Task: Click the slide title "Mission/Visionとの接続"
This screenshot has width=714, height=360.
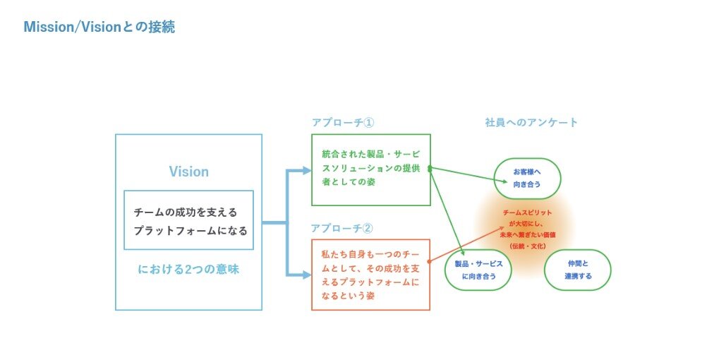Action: point(99,28)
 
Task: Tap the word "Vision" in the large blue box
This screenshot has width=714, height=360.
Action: point(188,172)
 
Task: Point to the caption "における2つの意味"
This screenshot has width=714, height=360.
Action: point(188,269)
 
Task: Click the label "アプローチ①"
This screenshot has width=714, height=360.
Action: point(342,122)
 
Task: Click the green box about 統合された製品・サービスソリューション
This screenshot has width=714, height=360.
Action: point(370,169)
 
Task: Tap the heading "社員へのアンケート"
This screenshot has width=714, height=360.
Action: point(531,122)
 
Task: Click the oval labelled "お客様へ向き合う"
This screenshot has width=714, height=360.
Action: point(527,178)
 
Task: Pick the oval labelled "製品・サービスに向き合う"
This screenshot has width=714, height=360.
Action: point(478,270)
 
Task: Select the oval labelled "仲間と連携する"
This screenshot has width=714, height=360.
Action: point(577,270)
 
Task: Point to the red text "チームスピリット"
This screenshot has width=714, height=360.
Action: point(528,212)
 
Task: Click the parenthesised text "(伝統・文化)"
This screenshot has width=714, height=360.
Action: point(528,246)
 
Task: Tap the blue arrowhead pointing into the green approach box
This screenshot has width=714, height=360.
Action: point(306,170)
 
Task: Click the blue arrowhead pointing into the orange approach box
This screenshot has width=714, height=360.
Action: point(306,274)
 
